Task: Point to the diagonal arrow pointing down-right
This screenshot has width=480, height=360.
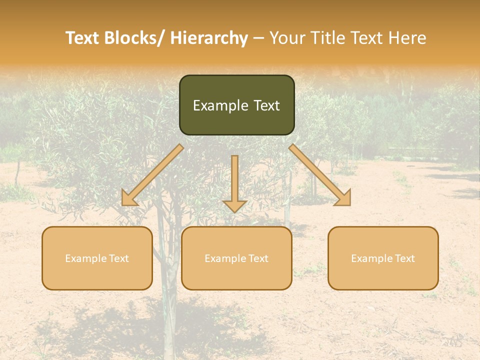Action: (x=320, y=175)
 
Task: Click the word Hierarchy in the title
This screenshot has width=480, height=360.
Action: (x=209, y=38)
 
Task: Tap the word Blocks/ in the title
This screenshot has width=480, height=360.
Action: (x=132, y=38)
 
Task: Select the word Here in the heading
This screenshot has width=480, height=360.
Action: (x=407, y=38)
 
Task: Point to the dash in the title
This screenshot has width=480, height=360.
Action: (x=258, y=38)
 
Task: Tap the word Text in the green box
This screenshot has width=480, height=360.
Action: (x=265, y=105)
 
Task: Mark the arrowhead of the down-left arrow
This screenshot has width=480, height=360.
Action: (x=128, y=198)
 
